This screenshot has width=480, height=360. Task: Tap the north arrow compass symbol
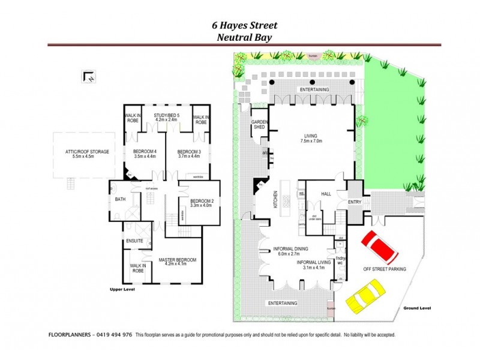[x=88, y=76]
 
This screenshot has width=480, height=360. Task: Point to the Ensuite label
[x=134, y=241]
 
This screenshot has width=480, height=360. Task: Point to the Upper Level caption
[x=122, y=289]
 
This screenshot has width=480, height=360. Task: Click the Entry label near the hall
[x=355, y=202]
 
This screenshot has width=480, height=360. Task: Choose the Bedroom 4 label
[x=144, y=153]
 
